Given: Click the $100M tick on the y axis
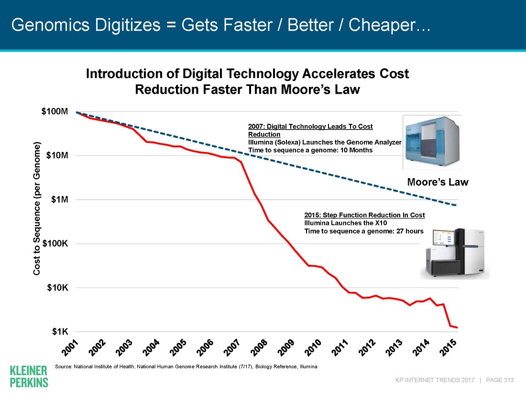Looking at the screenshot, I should coord(57,112).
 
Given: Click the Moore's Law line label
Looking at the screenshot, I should coord(437,182).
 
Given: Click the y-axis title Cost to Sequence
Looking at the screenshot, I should coord(37,208).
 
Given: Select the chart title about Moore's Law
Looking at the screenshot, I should coord(247,82).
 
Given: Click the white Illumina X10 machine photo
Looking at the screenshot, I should coord(454,253).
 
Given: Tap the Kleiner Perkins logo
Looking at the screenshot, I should coord(29,376).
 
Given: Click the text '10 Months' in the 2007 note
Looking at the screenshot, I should coord(355,150).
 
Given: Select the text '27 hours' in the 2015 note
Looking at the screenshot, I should coord(408,231).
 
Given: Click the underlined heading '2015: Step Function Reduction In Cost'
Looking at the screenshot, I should coord(364,215).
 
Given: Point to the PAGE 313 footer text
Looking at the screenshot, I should coord(499,380).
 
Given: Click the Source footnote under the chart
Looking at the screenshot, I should coord(186,366).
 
